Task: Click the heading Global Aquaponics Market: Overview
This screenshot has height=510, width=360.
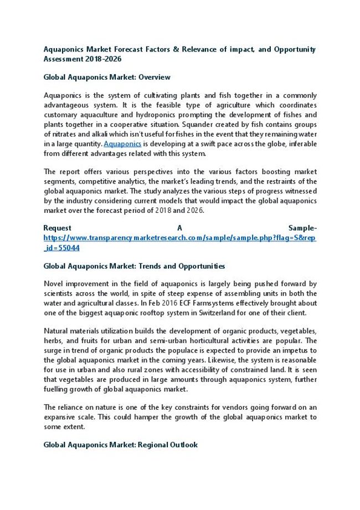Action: (107, 77)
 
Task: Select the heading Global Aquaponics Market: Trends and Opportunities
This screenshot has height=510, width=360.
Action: (134, 266)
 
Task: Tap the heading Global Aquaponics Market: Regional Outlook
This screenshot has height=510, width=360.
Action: (120, 445)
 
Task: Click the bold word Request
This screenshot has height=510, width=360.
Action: (57, 228)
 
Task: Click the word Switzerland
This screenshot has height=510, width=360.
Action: (217, 313)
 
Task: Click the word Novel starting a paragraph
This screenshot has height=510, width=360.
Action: (54, 284)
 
